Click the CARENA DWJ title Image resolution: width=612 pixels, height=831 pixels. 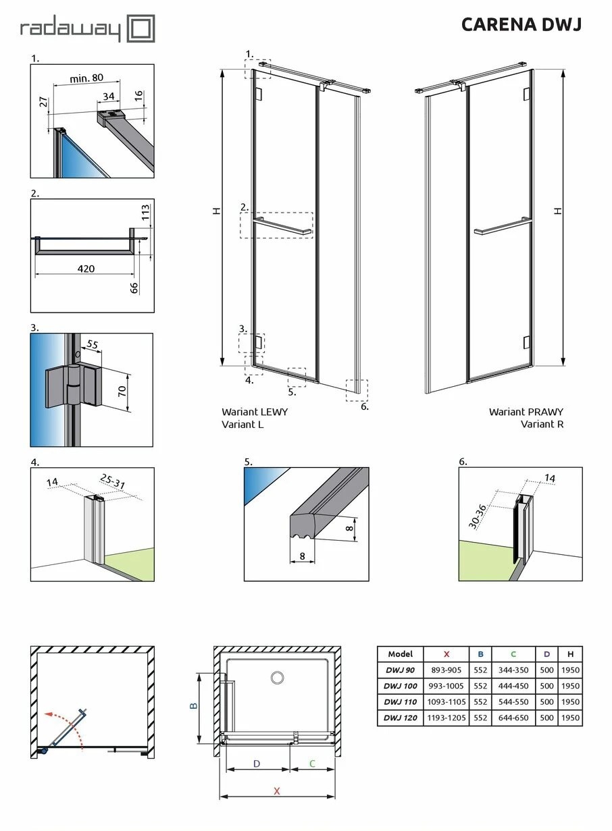point(521,25)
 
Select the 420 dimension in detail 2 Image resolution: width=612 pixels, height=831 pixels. point(86,269)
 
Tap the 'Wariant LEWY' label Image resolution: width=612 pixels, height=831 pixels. point(254,412)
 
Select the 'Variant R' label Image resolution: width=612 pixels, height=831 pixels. point(542,424)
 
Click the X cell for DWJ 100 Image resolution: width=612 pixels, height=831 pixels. point(446,686)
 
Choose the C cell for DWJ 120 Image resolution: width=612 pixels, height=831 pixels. point(513,718)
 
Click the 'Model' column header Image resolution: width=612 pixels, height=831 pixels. point(400,653)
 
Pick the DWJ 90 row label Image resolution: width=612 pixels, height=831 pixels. point(400,670)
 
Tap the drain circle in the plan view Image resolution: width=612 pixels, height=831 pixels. point(277,677)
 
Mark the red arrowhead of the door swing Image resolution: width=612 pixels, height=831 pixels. point(45,714)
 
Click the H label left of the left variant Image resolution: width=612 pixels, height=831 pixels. point(216,211)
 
